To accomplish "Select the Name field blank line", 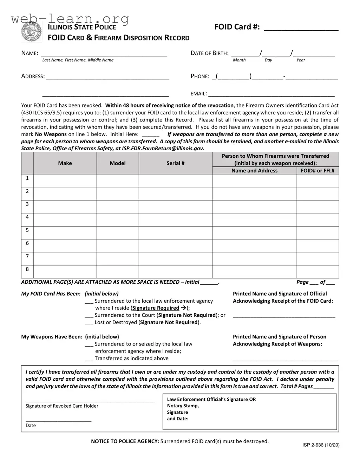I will point(104,54).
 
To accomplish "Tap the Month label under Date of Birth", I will point(239,60).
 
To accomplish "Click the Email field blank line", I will point(271,94).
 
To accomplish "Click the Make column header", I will point(65,163).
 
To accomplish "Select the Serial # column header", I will point(175,163).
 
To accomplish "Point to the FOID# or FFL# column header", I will point(318,171).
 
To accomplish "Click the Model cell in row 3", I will point(118,207).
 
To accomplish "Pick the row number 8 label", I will point(27,269).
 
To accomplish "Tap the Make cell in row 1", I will point(65,181).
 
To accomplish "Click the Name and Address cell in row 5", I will point(254,233).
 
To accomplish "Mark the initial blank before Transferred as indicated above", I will point(89,359).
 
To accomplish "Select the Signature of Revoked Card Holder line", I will point(90,401).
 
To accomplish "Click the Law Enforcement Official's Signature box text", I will point(211,399).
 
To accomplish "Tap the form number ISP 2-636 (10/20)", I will point(321,445).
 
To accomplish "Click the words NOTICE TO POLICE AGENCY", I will point(125,441).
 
